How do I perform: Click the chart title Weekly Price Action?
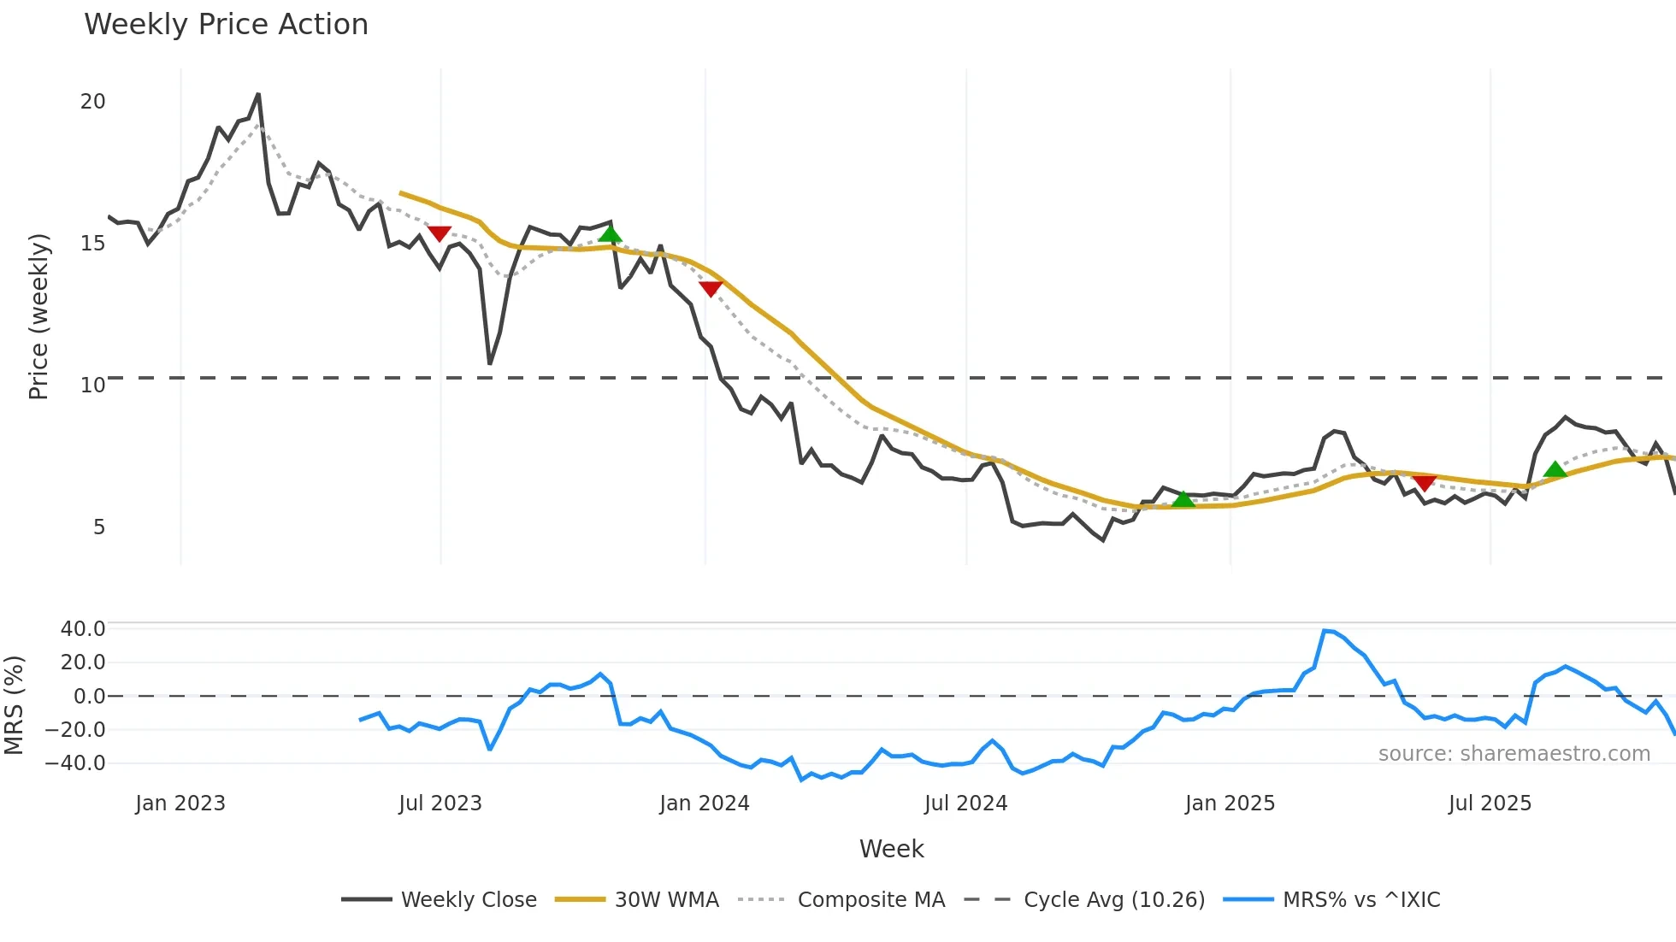pos(226,25)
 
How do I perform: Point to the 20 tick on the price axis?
pos(93,102)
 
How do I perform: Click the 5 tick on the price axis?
pos(99,527)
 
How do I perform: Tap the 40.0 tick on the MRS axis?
pos(83,629)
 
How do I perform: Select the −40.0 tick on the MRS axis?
pos(76,763)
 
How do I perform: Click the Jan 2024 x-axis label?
pos(705,804)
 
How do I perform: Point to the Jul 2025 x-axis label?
pos(1490,804)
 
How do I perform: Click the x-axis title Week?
pos(891,849)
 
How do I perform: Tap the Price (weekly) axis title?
pos(38,316)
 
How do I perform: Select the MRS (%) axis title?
pos(14,705)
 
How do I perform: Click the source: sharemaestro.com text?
pos(1514,754)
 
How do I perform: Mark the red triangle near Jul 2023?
pos(439,233)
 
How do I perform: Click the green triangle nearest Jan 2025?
pos(1183,499)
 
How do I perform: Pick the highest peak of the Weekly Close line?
pos(258,94)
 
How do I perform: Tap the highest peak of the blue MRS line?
pos(1325,631)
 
